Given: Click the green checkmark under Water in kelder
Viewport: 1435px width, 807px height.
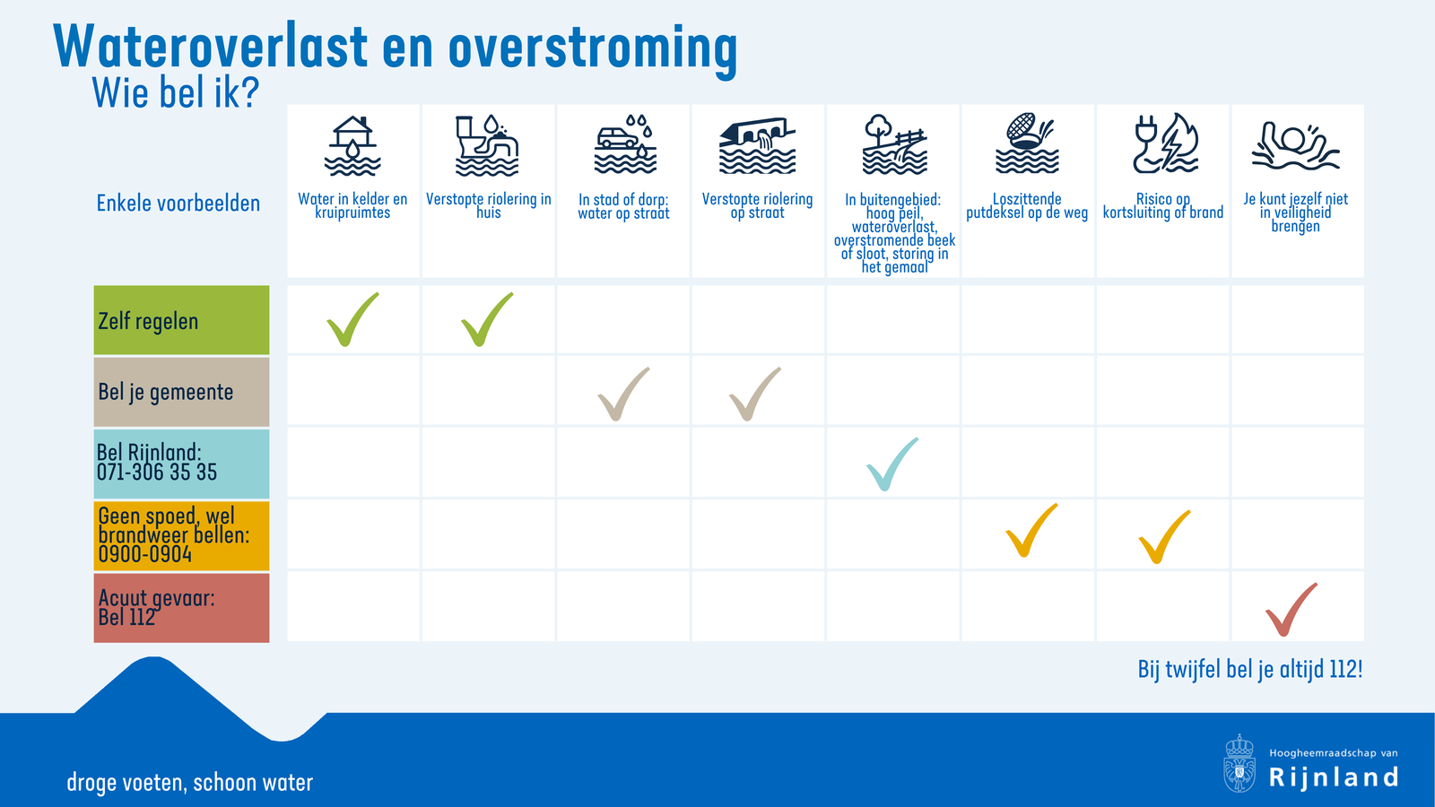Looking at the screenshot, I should tap(351, 320).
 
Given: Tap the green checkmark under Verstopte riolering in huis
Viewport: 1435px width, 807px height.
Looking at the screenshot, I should tap(485, 320).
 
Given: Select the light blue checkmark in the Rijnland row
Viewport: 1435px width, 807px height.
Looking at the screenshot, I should tap(891, 464).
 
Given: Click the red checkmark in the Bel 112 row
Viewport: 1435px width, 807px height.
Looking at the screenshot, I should tap(1290, 611).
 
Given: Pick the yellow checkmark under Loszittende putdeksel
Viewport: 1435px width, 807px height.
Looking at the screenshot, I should tap(1030, 532).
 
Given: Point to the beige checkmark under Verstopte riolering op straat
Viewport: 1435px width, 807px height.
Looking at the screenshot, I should tap(753, 395).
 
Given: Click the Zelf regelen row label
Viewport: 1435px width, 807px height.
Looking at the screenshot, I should tap(149, 321).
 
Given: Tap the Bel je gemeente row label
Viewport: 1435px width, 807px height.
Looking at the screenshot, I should tap(166, 392).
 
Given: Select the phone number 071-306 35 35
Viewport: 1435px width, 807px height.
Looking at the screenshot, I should tap(157, 473).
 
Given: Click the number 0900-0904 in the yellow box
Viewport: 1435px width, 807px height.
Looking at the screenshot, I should tap(145, 554).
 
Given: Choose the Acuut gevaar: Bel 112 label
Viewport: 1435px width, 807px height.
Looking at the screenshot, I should tap(156, 607).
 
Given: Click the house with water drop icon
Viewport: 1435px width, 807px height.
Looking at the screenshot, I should tap(352, 145).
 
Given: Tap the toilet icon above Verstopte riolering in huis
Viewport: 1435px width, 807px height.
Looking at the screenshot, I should tap(487, 145).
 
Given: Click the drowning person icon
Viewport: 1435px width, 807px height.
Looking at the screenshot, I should tap(1295, 146).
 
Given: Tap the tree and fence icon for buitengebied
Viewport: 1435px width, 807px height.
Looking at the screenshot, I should tap(893, 144).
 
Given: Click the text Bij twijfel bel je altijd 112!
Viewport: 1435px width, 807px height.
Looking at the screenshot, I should tap(1249, 670).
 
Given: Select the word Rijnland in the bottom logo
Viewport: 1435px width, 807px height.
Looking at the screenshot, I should tap(1334, 777).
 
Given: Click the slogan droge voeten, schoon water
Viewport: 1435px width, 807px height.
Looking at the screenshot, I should tap(190, 783).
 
